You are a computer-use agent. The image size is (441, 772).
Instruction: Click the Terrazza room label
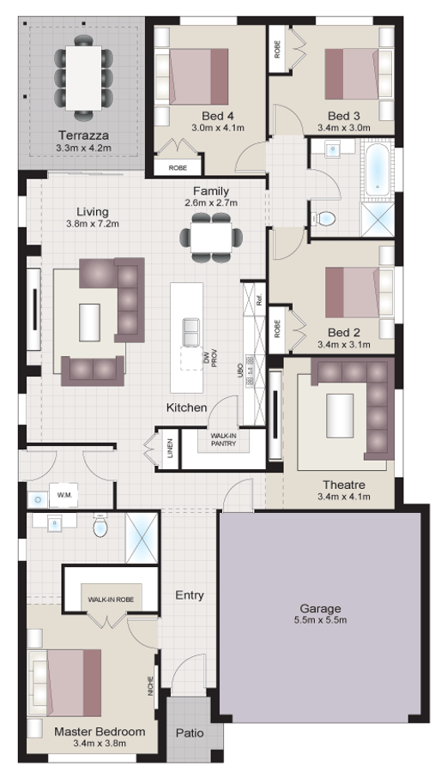coord(83,135)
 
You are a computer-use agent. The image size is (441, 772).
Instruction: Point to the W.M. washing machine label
coord(63,495)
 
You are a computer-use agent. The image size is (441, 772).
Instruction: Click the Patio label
coord(190,733)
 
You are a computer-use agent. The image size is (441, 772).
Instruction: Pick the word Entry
coord(189,594)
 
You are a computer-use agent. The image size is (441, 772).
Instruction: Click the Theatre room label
coord(344,484)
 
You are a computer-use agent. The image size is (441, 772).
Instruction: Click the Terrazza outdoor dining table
coord(84,73)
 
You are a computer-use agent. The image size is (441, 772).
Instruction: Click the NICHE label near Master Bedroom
coord(149,685)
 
